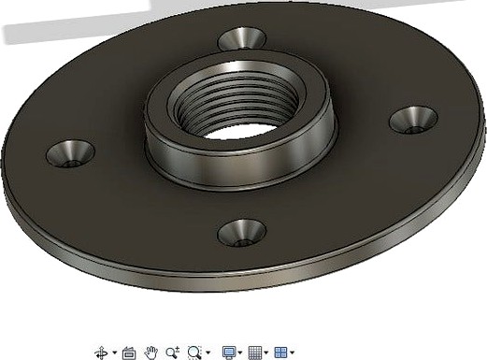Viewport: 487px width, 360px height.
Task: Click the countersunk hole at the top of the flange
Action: (x=242, y=39)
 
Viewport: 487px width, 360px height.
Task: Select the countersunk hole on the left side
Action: (x=70, y=152)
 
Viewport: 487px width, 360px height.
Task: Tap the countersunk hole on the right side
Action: (x=413, y=120)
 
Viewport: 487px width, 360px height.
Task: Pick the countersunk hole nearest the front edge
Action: (x=241, y=232)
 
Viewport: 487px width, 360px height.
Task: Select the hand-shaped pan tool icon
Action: (x=151, y=353)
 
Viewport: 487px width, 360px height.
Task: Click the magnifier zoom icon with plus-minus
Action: (x=172, y=353)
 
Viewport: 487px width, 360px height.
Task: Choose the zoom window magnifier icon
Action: (x=193, y=353)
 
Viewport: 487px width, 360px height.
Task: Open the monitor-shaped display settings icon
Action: (x=229, y=353)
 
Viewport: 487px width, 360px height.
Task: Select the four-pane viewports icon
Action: (x=279, y=353)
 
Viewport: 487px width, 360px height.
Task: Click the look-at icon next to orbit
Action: (x=129, y=353)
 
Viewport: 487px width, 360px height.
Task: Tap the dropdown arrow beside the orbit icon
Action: (x=114, y=353)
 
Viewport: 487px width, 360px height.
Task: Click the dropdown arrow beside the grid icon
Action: (x=266, y=353)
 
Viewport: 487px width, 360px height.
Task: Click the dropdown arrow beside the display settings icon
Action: (x=240, y=353)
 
